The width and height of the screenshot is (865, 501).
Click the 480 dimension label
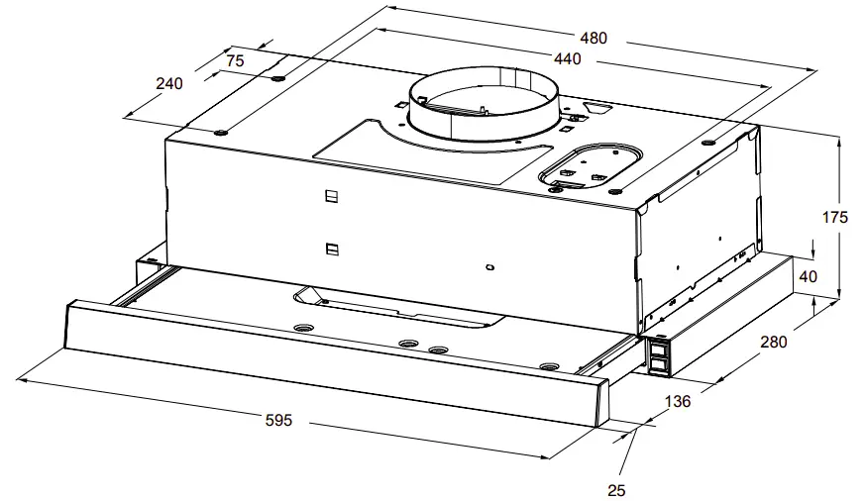[594, 39]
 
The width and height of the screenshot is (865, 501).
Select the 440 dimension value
[567, 59]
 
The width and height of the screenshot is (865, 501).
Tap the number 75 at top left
[235, 60]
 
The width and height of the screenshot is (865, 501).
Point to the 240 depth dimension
[169, 84]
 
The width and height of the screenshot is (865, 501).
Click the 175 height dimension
[835, 217]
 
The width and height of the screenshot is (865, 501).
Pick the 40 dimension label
[808, 277]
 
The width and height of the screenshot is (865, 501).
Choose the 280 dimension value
[773, 343]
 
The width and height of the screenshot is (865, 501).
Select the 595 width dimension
[278, 420]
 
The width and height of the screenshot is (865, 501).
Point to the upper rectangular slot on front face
[331, 196]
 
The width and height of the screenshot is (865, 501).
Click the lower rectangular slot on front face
[331, 249]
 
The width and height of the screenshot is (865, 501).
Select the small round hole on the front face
[489, 266]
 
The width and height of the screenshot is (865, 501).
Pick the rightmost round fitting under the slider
[548, 367]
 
